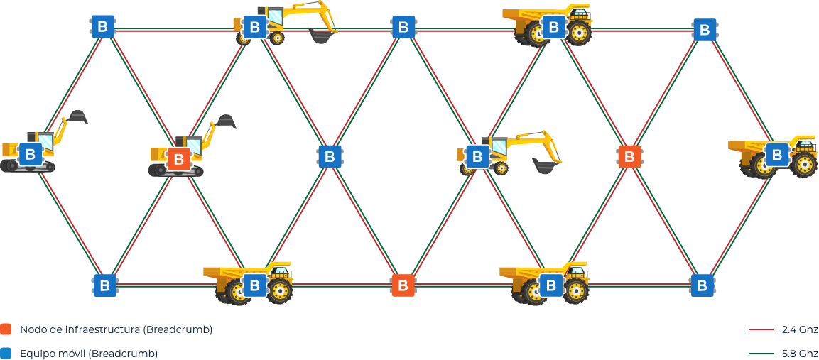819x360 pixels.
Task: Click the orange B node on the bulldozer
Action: pyautogui.click(x=178, y=159)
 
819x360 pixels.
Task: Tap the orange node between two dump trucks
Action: pyautogui.click(x=403, y=285)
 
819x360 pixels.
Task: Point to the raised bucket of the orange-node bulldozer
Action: pyautogui.click(x=227, y=121)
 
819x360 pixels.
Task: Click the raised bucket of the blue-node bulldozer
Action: pyautogui.click(x=78, y=117)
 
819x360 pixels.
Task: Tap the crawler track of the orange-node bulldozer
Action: pyautogui.click(x=175, y=170)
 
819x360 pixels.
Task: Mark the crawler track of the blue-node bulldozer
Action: pyautogui.click(x=27, y=166)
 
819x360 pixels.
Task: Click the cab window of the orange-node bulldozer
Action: pyautogui.click(x=193, y=146)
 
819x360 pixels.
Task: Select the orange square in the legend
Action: pyautogui.click(x=6, y=329)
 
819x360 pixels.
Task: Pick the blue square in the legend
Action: pyautogui.click(x=6, y=354)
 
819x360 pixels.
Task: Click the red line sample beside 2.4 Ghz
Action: pyautogui.click(x=761, y=329)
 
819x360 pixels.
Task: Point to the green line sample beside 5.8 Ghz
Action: pyautogui.click(x=761, y=354)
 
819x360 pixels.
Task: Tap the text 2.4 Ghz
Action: pyautogui.click(x=800, y=329)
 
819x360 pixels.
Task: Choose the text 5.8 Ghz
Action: pyautogui.click(x=800, y=354)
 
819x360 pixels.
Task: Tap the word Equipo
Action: pyautogui.click(x=36, y=354)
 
